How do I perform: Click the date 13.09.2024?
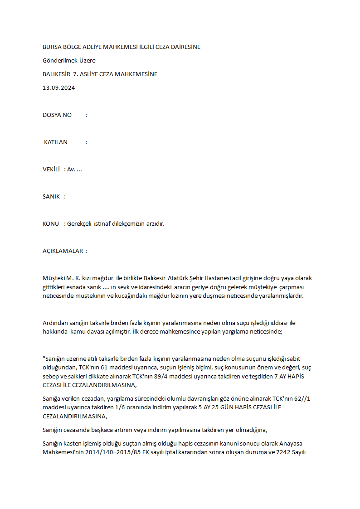tap(58, 88)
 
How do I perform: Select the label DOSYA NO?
tap(57, 115)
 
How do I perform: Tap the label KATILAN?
tap(55, 142)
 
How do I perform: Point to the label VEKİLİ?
tap(51, 170)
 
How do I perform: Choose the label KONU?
tap(51, 224)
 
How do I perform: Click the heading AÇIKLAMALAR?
tap(63, 251)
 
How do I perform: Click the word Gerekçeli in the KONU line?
tap(79, 224)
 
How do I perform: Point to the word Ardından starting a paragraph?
tap(54, 323)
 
